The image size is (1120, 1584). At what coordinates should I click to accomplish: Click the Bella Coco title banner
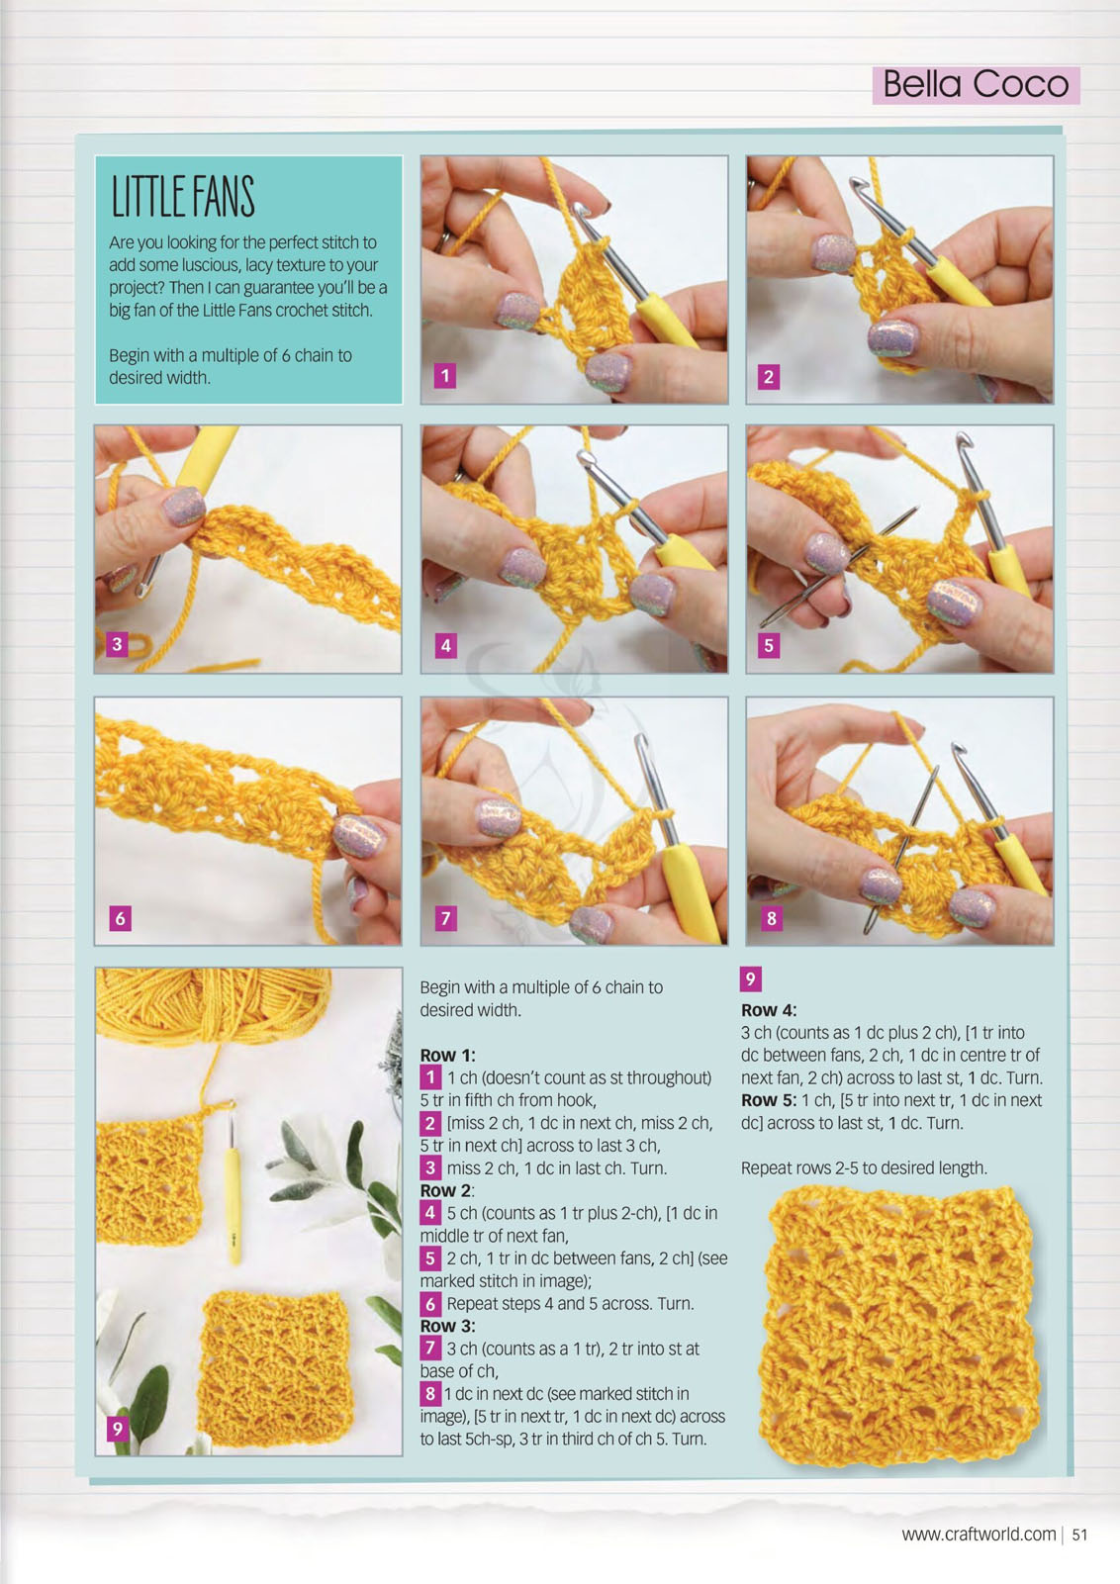[x=976, y=85]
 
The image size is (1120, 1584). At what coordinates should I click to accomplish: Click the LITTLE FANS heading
[x=183, y=197]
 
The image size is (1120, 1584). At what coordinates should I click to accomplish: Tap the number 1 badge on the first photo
[x=445, y=376]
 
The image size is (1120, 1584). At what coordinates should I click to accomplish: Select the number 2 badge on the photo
[x=769, y=377]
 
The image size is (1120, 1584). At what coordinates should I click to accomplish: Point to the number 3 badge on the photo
[x=117, y=644]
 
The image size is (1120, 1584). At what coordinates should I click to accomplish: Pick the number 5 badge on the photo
[x=769, y=645]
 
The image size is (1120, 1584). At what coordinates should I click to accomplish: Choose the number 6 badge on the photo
[x=120, y=918]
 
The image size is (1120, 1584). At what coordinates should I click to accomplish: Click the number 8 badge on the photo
[x=771, y=918]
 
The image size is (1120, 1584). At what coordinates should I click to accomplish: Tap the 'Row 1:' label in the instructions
[x=447, y=1055]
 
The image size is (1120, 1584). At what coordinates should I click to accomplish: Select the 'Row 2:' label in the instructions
[x=447, y=1191]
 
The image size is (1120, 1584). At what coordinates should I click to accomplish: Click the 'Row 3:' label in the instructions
[x=447, y=1326]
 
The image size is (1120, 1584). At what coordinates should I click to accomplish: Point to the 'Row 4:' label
[x=769, y=1010]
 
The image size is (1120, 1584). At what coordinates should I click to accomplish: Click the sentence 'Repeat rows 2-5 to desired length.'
[x=864, y=1168]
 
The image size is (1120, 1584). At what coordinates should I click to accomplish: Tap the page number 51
[x=1079, y=1535]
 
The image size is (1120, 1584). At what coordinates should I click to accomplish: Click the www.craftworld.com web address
[x=979, y=1535]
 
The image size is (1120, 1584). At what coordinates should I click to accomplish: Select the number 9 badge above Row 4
[x=750, y=979]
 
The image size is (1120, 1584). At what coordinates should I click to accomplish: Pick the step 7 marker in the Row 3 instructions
[x=430, y=1348]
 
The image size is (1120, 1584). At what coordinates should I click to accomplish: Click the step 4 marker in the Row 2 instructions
[x=430, y=1213]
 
